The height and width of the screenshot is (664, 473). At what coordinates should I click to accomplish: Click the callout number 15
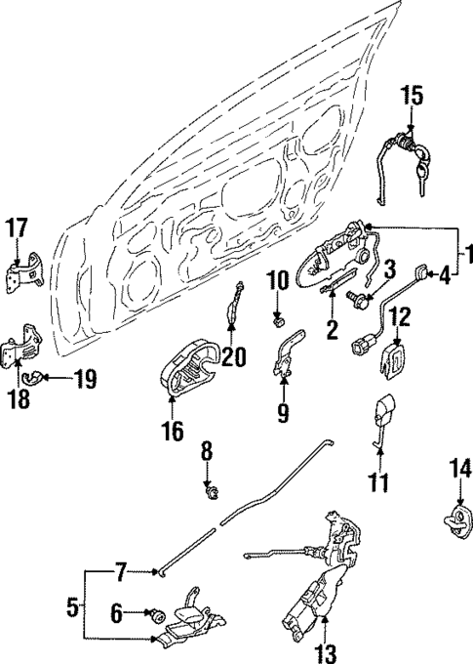(412, 96)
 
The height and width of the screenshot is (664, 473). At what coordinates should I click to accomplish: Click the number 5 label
(72, 606)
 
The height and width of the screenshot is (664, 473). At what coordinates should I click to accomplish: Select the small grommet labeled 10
(277, 318)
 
